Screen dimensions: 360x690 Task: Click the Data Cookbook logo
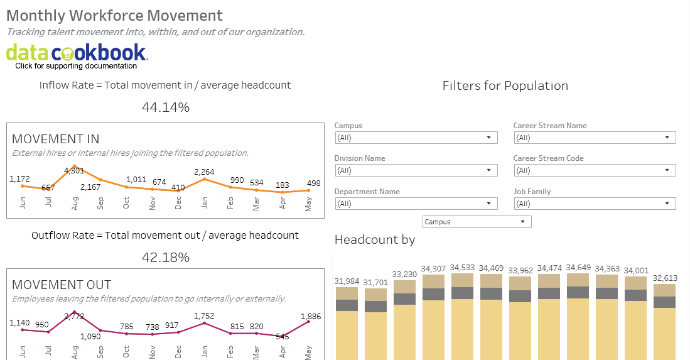click(77, 53)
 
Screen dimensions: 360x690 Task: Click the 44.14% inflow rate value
click(165, 107)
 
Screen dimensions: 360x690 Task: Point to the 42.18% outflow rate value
click(165, 257)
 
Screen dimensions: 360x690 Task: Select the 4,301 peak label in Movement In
click(74, 170)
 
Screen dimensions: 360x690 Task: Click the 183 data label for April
click(282, 185)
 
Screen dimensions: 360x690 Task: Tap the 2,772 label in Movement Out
click(74, 317)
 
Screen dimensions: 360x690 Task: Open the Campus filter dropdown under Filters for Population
click(416, 138)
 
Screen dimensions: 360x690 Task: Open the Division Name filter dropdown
click(416, 170)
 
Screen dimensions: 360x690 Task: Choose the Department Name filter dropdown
click(416, 204)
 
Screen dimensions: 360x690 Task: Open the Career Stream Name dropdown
click(594, 138)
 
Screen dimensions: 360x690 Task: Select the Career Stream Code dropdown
click(594, 170)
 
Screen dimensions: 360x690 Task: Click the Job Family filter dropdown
click(594, 204)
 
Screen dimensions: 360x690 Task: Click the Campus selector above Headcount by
click(477, 222)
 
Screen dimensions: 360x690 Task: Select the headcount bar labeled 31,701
click(375, 327)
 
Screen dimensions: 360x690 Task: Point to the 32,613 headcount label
click(664, 278)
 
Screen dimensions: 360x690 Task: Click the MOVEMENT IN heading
click(56, 139)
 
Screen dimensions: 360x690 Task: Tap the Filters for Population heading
click(505, 86)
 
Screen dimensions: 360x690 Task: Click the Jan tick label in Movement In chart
click(205, 205)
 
